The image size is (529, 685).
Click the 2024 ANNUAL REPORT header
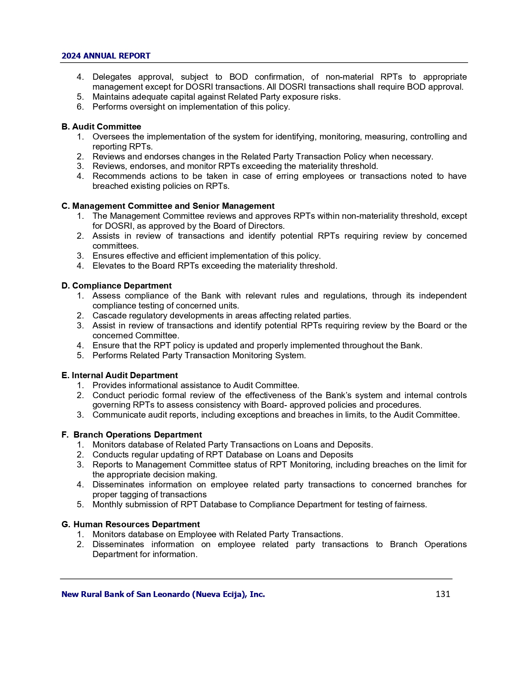pyautogui.click(x=106, y=56)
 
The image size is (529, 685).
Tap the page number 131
pyautogui.click(x=443, y=594)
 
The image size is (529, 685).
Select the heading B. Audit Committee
pyautogui.click(x=101, y=127)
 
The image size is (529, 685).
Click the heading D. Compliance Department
pyautogui.click(x=116, y=286)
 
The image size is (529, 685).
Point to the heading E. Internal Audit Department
pyautogui.click(x=119, y=375)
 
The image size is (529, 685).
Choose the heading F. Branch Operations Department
pyautogui.click(x=132, y=435)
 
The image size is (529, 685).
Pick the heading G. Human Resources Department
pyautogui.click(x=130, y=524)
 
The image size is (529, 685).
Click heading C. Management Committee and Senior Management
pyautogui.click(x=168, y=206)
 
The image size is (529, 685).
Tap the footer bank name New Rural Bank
pyautogui.click(x=163, y=594)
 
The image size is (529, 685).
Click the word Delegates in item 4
pyautogui.click(x=112, y=77)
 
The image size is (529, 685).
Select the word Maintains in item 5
pyautogui.click(x=111, y=97)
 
